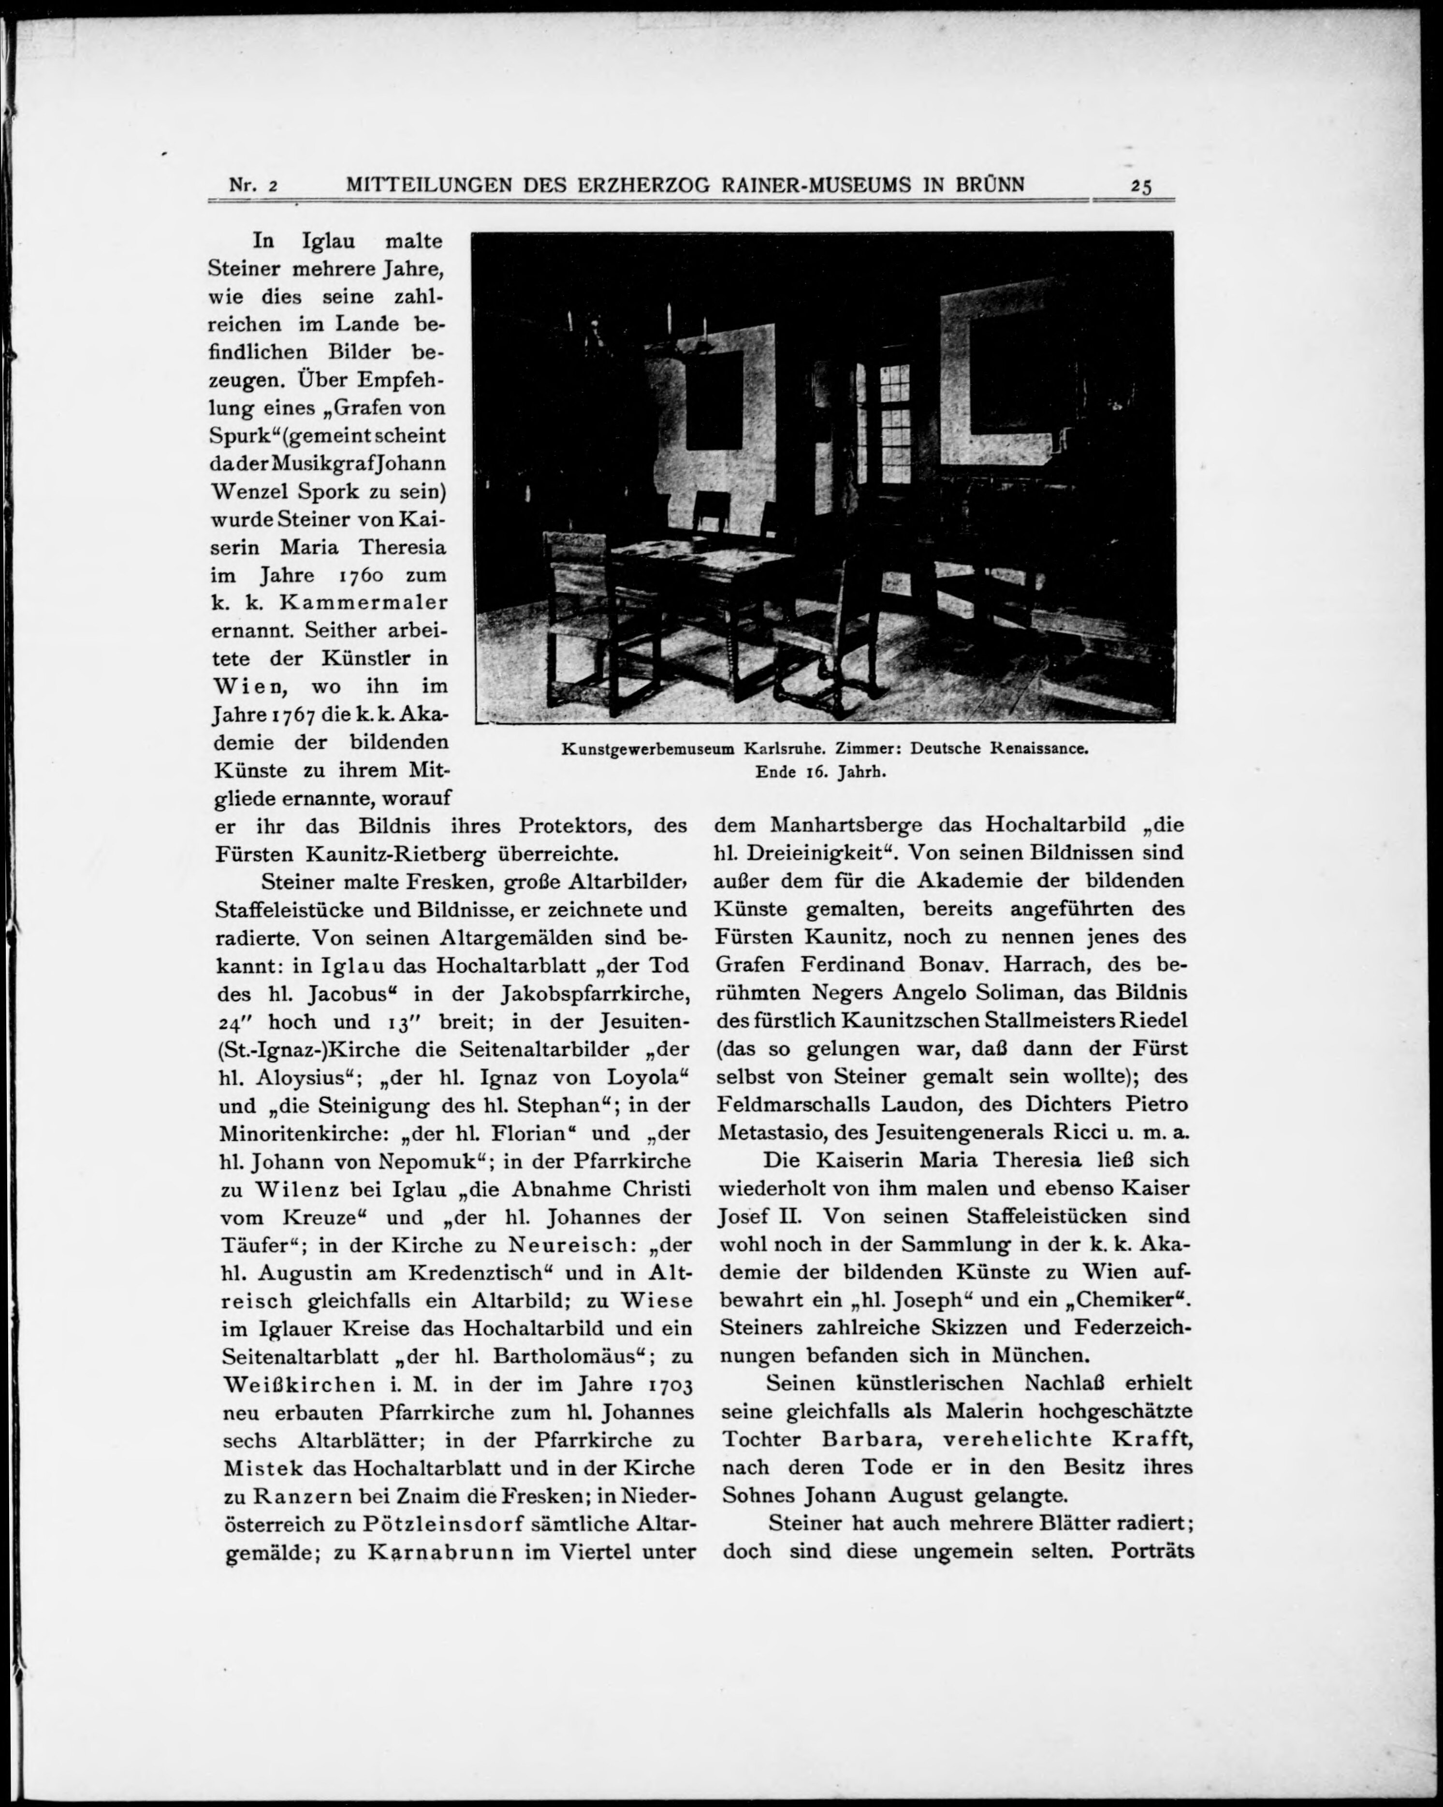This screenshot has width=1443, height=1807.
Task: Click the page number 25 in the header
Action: click(1140, 186)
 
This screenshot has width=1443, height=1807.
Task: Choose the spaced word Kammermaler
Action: click(363, 603)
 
